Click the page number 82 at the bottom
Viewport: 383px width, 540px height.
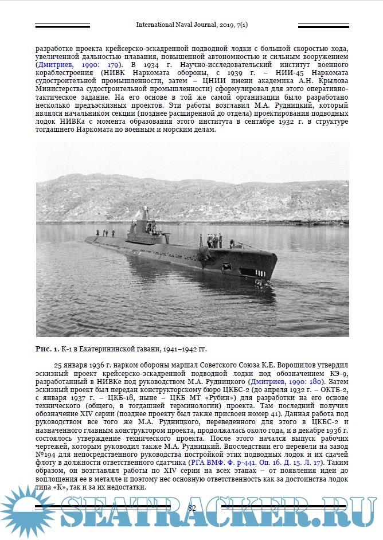coord(192,507)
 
